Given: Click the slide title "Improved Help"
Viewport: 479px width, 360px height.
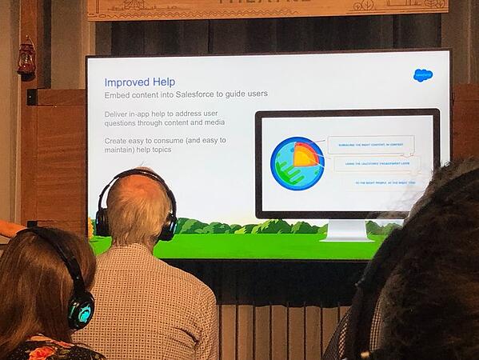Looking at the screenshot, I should (x=139, y=82).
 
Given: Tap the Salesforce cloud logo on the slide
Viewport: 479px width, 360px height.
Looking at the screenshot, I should (x=422, y=75).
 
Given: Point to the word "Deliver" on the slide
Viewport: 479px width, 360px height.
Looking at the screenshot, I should (x=118, y=114).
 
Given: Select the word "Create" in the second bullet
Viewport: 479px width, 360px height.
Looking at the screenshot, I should (x=117, y=140).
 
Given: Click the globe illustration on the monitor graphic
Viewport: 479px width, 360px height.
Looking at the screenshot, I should (x=297, y=163).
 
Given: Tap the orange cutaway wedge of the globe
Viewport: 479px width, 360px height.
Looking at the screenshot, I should (x=305, y=154).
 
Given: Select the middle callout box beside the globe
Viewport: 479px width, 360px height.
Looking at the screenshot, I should (x=377, y=164).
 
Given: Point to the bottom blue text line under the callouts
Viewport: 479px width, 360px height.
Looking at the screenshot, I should (x=385, y=182).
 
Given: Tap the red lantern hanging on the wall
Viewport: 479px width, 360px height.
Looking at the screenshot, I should (x=26, y=58).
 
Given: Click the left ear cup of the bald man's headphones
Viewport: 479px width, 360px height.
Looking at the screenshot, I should (x=102, y=221).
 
